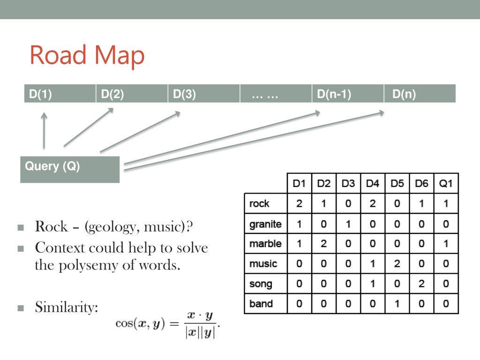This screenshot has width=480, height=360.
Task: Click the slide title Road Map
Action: tap(87, 55)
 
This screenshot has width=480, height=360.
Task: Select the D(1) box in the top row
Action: tap(60, 94)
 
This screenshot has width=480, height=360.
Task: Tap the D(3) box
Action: tap(203, 94)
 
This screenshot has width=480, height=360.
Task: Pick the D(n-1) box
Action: tap(347, 94)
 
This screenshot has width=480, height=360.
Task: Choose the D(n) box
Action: tap(420, 94)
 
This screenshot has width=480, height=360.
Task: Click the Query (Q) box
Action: tap(70, 169)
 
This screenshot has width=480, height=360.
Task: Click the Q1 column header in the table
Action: tap(446, 183)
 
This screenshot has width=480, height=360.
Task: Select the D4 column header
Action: tap(373, 183)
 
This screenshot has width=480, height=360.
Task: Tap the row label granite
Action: tap(265, 224)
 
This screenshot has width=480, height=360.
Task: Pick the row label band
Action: tap(261, 303)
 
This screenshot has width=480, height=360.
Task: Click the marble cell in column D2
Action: tap(324, 244)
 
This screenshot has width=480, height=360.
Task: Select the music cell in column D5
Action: tap(397, 263)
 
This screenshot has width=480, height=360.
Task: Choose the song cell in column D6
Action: tap(421, 284)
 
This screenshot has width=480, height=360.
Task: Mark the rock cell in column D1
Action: tap(299, 204)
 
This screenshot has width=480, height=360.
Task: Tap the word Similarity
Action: tap(67, 308)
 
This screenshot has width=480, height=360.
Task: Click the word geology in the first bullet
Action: tap(112, 228)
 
